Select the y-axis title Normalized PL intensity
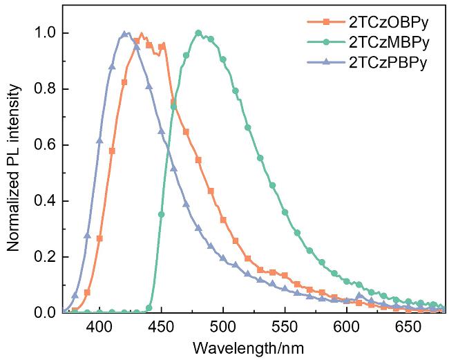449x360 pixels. (x=13, y=172)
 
